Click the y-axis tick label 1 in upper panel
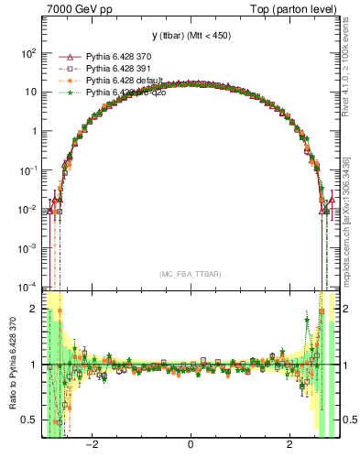click(33, 131)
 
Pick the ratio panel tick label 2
click(33, 309)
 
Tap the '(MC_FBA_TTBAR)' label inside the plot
click(190, 274)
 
